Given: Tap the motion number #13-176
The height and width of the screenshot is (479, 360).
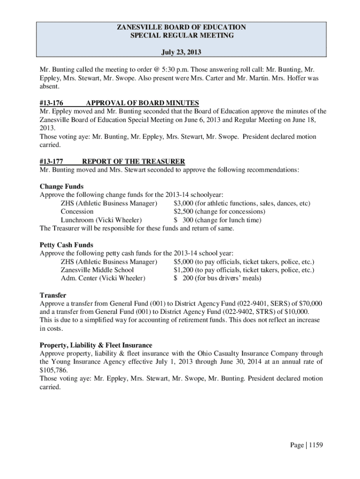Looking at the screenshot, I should click(52, 103).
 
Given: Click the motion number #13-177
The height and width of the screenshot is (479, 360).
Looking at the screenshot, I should click(52, 161).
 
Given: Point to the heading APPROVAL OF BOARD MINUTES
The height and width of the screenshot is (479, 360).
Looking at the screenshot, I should click(143, 103).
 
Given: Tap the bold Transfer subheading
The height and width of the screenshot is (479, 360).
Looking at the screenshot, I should click(53, 295).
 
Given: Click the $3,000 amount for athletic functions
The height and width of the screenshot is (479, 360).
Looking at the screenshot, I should click(183, 203).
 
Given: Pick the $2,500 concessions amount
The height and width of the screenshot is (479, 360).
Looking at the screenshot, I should click(183, 211).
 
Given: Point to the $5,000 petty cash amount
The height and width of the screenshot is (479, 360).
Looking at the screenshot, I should click(183, 261).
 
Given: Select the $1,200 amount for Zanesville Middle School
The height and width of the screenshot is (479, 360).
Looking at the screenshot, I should click(183, 270).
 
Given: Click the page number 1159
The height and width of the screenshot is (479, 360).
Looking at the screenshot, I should click(314, 445).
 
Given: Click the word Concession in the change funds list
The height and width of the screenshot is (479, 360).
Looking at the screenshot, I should click(77, 211).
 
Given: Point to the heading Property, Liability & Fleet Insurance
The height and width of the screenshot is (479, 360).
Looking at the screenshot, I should click(96, 345).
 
